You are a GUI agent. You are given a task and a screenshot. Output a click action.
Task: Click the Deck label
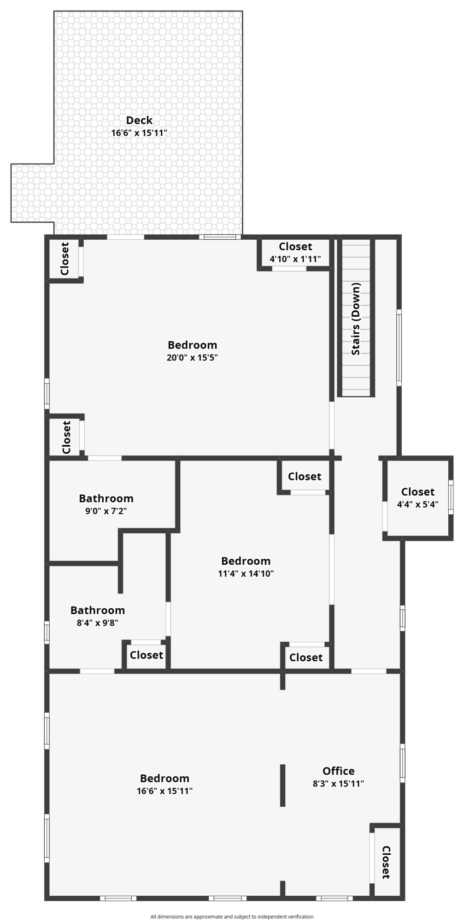(x=139, y=120)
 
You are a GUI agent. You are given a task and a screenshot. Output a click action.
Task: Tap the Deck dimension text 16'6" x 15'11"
(x=139, y=133)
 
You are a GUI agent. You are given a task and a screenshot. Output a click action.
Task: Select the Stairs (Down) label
(x=356, y=319)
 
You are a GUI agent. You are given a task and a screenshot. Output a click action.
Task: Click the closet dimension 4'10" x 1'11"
(x=295, y=259)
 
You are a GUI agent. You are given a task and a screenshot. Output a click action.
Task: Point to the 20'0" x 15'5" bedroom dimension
(x=192, y=357)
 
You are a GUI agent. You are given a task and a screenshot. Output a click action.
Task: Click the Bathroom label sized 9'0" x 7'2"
(x=106, y=498)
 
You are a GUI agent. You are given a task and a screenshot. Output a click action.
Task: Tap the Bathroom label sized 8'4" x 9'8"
(x=98, y=610)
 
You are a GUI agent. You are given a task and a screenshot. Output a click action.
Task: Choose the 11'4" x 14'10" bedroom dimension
(x=246, y=573)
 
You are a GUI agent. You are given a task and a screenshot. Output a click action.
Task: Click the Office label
(x=339, y=771)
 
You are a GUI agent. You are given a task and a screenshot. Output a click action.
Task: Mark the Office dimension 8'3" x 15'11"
(x=339, y=783)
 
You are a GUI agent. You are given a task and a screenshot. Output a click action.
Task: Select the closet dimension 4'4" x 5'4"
(x=417, y=504)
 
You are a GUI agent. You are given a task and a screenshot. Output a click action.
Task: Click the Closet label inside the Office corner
(x=386, y=862)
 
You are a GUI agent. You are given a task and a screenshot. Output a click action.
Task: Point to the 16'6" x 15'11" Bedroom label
(x=164, y=778)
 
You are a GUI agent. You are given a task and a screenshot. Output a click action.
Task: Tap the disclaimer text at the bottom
(x=232, y=916)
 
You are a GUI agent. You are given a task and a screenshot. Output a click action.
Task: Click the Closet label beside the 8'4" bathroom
(x=147, y=655)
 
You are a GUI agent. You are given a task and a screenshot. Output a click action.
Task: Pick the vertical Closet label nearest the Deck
(x=65, y=259)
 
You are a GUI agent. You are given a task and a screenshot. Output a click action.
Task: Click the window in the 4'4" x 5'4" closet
(x=451, y=497)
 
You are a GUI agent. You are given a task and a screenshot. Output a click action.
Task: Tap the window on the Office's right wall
(x=402, y=762)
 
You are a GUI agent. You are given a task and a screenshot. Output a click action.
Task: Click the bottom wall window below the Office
(x=335, y=898)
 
